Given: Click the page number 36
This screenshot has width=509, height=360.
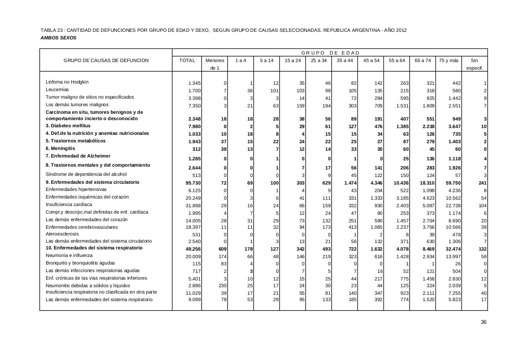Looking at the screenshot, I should tap(484, 322).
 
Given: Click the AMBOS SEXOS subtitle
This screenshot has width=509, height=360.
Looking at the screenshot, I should tap(58, 38).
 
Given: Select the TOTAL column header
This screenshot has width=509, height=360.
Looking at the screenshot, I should tap(187, 60).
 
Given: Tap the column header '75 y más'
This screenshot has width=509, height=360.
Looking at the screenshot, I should tap(449, 60).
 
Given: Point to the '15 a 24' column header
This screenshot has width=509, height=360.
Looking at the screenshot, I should tap(293, 60).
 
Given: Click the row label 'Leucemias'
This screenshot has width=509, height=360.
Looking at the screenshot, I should tap(57, 90).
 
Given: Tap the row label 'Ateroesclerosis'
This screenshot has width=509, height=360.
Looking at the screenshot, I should tap(62, 234).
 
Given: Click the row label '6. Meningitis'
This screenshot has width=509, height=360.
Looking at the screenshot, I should tap(60, 148).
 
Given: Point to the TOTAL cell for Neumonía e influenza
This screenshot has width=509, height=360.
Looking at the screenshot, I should tap(193, 257).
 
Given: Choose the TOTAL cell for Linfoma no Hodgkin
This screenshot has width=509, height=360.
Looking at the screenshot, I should tap(194, 83).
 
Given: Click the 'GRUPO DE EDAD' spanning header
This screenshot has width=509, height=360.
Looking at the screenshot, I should tap(330, 53).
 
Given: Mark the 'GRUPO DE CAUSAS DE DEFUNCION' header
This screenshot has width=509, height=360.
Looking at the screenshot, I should tap(106, 60).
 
